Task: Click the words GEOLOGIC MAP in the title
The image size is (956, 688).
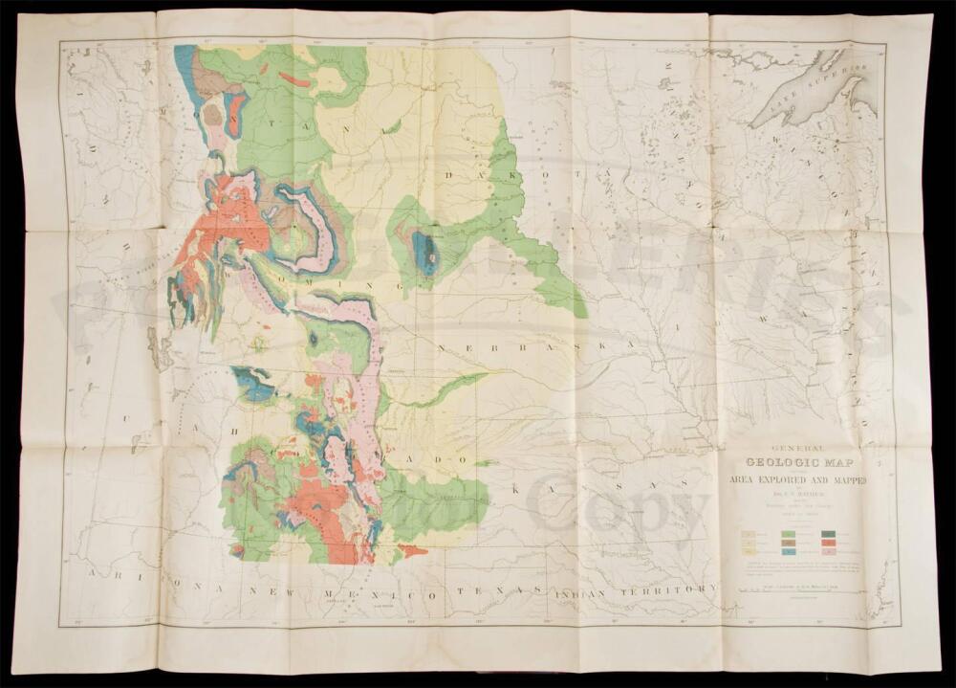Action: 799,459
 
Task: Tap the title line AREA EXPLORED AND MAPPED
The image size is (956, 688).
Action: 797,478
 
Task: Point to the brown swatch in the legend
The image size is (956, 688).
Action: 790,543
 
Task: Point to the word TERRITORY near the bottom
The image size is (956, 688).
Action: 670,588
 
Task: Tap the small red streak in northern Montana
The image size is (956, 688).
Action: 294,79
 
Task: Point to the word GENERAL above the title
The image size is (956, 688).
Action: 797,444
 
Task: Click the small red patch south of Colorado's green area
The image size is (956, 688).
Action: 413,550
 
